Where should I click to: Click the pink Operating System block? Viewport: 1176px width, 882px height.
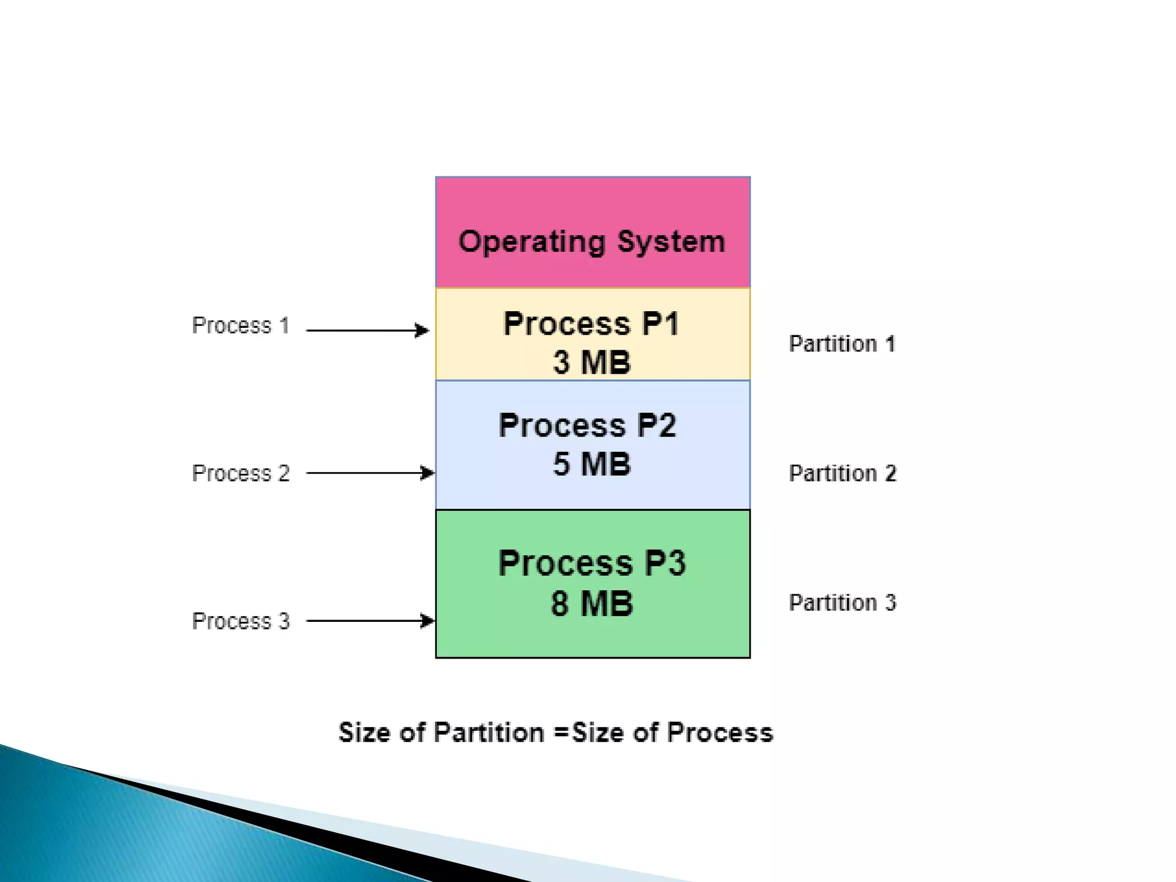point(593,207)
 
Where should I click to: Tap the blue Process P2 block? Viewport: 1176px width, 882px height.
point(593,494)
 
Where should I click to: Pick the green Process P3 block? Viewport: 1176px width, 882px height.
point(593,637)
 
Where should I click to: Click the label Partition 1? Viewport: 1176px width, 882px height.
point(842,344)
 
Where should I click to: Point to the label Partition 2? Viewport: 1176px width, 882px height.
point(842,474)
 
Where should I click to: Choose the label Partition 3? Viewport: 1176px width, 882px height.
point(842,603)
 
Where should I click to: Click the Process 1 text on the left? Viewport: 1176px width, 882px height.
point(241,326)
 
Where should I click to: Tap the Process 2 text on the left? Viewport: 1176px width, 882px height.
point(241,474)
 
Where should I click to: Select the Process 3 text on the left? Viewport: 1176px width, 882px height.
point(241,621)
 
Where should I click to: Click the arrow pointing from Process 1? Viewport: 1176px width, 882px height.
point(367,331)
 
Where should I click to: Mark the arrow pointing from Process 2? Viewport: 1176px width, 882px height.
point(370,473)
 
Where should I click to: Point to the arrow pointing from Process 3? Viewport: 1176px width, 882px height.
point(370,621)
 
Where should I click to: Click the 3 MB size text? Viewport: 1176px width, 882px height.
point(591,362)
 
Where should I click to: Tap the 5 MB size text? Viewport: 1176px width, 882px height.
point(591,464)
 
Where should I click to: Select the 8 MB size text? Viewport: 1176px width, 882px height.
point(591,604)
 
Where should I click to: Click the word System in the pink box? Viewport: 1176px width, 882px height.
point(671,242)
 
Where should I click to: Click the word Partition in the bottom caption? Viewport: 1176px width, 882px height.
point(489,733)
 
